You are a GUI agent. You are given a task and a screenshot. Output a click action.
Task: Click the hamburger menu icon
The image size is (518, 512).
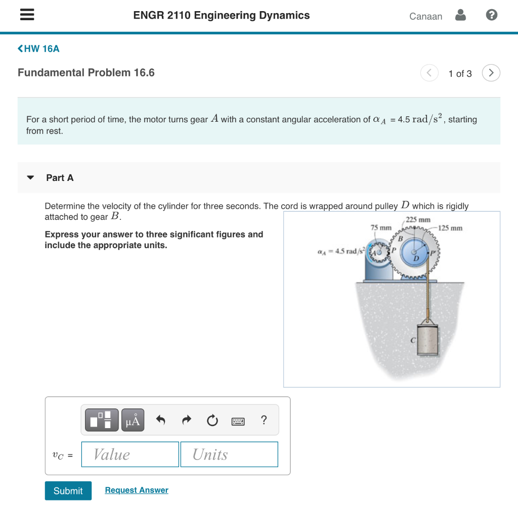[27, 16]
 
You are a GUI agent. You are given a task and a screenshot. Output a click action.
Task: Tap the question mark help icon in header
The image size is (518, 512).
[491, 16]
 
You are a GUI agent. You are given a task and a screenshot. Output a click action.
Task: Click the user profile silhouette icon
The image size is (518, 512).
[460, 16]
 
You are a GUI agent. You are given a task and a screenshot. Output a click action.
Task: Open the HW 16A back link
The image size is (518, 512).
[38, 49]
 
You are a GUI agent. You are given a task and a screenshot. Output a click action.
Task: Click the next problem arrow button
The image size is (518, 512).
[491, 73]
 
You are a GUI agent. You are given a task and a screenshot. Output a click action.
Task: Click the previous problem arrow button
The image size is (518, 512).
[429, 73]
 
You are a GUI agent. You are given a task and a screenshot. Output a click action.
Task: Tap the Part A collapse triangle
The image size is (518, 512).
[30, 178]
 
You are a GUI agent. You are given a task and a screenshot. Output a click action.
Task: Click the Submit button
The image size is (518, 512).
[68, 491]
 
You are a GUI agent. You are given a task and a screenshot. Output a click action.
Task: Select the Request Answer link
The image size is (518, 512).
[137, 490]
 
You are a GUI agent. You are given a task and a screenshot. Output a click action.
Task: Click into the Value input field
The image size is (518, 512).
[130, 454]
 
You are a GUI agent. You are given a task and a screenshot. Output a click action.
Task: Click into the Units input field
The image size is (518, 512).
[229, 454]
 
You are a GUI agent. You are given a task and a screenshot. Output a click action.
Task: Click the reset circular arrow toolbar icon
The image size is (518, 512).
[212, 420]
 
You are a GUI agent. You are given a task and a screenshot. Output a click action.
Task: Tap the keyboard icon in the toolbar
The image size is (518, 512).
[238, 421]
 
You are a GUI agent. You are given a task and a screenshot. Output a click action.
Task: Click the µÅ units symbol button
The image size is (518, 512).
[133, 420]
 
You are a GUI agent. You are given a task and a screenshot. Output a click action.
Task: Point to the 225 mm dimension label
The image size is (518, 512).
[418, 220]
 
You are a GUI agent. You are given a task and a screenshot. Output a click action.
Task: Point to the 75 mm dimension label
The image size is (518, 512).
[381, 228]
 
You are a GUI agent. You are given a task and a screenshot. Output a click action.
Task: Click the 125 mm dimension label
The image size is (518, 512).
[450, 228]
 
